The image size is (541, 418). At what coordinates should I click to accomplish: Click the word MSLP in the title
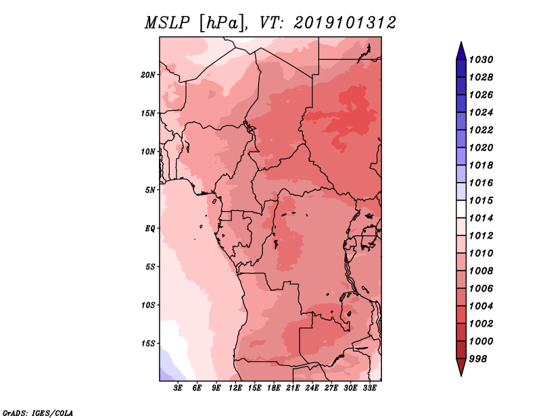click(167, 23)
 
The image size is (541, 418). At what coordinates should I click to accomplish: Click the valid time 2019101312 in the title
click(345, 23)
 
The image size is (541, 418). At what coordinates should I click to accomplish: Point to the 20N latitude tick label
click(148, 75)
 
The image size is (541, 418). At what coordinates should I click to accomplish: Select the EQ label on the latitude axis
click(150, 229)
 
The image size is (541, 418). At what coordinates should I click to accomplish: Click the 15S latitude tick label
click(148, 344)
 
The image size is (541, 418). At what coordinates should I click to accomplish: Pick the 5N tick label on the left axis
click(150, 190)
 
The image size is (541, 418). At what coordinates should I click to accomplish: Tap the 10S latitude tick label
click(148, 305)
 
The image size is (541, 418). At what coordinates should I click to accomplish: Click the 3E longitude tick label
click(178, 388)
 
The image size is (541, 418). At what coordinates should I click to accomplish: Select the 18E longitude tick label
click(274, 388)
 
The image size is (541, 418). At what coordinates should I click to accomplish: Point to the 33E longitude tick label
click(369, 388)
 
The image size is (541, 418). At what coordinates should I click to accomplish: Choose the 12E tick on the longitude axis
click(235, 388)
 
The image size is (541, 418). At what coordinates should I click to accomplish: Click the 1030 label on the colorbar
click(481, 60)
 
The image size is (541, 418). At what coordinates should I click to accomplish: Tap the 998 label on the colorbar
click(478, 359)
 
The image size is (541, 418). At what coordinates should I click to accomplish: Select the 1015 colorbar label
click(481, 200)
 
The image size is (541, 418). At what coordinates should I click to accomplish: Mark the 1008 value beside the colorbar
click(481, 271)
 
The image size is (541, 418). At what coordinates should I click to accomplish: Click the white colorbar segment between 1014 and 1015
click(461, 209)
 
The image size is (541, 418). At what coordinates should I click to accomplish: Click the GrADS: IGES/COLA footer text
click(38, 413)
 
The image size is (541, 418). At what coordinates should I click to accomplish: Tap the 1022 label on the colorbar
click(481, 130)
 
